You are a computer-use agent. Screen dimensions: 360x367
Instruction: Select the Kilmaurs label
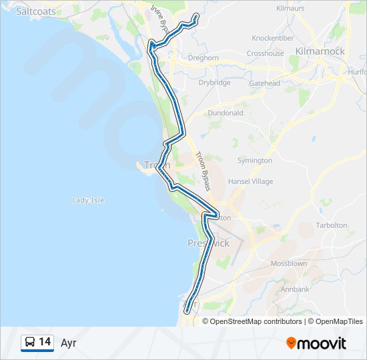coord(290,9)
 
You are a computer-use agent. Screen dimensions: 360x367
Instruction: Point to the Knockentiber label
coord(273,38)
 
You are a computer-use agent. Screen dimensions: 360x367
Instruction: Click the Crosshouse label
coord(265,53)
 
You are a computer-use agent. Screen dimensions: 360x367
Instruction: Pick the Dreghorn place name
coord(204,58)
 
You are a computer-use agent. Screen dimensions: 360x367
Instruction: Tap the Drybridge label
coord(214,83)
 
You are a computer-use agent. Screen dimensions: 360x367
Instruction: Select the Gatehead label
coord(265,83)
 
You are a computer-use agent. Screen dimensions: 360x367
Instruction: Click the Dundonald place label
coord(226,113)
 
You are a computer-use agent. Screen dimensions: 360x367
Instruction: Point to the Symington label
coord(255,161)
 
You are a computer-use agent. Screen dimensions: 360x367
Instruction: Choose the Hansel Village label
coord(251,181)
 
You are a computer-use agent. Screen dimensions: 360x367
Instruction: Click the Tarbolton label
coord(332,225)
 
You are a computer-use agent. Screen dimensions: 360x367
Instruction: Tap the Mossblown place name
coord(289,263)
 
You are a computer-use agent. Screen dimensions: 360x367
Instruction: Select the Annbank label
coord(295,289)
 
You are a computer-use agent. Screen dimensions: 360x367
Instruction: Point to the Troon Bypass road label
coord(202,171)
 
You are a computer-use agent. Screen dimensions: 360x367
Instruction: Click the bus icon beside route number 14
coord(30,342)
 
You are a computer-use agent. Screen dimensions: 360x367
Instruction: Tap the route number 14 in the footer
coord(45,342)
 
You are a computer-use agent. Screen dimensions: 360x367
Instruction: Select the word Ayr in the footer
coord(69,343)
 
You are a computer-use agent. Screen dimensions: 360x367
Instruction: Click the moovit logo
coord(316,343)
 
